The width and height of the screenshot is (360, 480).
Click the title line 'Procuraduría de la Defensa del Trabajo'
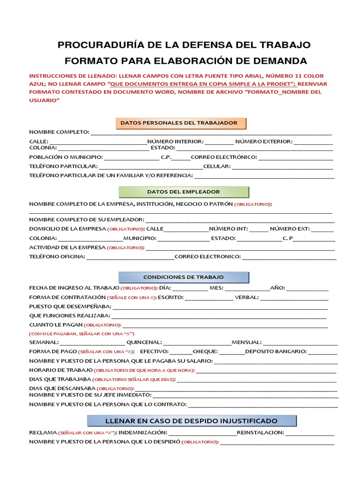(x=184, y=45)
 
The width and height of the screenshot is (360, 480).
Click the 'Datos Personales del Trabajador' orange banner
(x=181, y=123)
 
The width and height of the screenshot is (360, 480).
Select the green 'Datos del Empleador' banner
(x=184, y=192)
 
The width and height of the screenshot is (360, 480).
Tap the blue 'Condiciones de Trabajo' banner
(x=184, y=277)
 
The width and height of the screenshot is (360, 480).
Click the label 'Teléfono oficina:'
(x=57, y=257)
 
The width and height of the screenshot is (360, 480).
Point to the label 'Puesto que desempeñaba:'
(x=70, y=307)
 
